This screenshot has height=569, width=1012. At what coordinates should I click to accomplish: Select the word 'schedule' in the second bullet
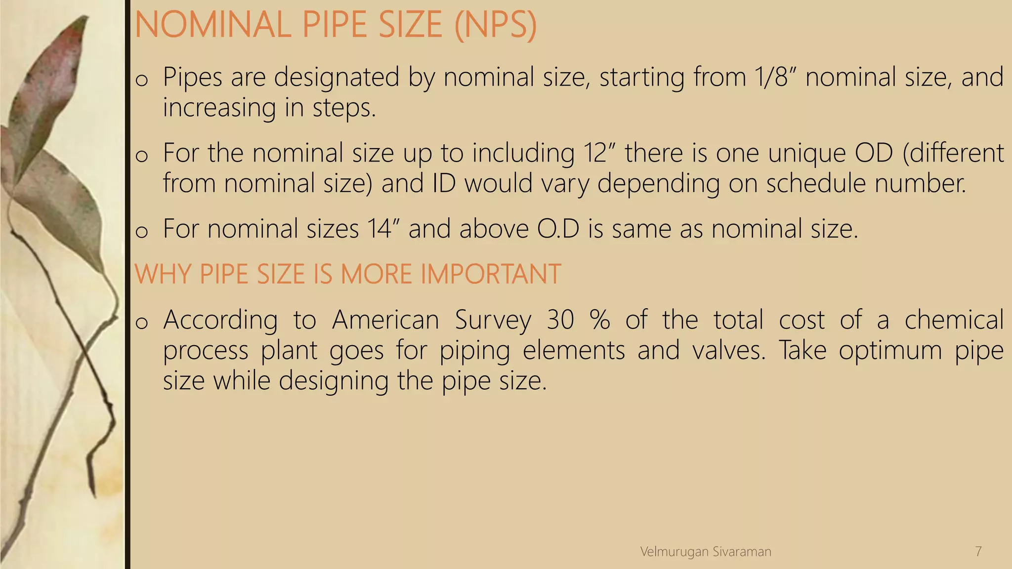pos(816,183)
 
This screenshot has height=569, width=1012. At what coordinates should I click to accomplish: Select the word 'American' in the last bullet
pos(385,320)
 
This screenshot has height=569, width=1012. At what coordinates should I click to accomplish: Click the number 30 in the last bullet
pos(560,320)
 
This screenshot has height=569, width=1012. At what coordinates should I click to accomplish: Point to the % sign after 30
pos(600,320)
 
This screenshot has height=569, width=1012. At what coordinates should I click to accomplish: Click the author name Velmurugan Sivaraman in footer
pos(706,552)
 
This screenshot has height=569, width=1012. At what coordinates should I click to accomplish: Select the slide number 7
pos(978,552)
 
